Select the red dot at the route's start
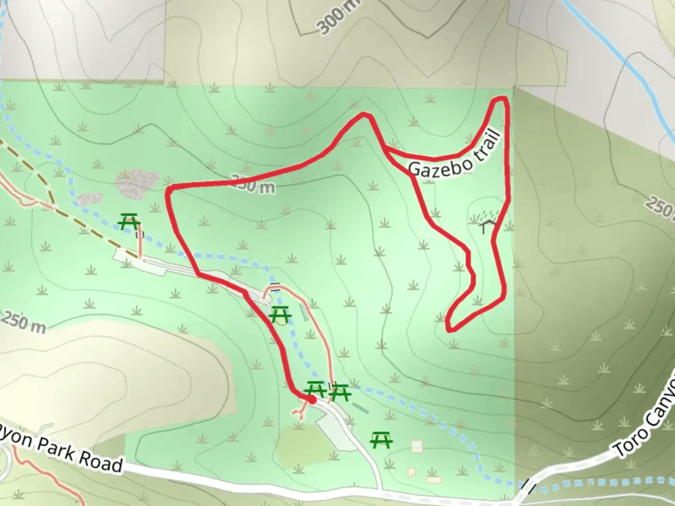311,399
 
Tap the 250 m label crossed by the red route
254,185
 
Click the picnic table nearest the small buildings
381,440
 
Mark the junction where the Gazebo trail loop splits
384,148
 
